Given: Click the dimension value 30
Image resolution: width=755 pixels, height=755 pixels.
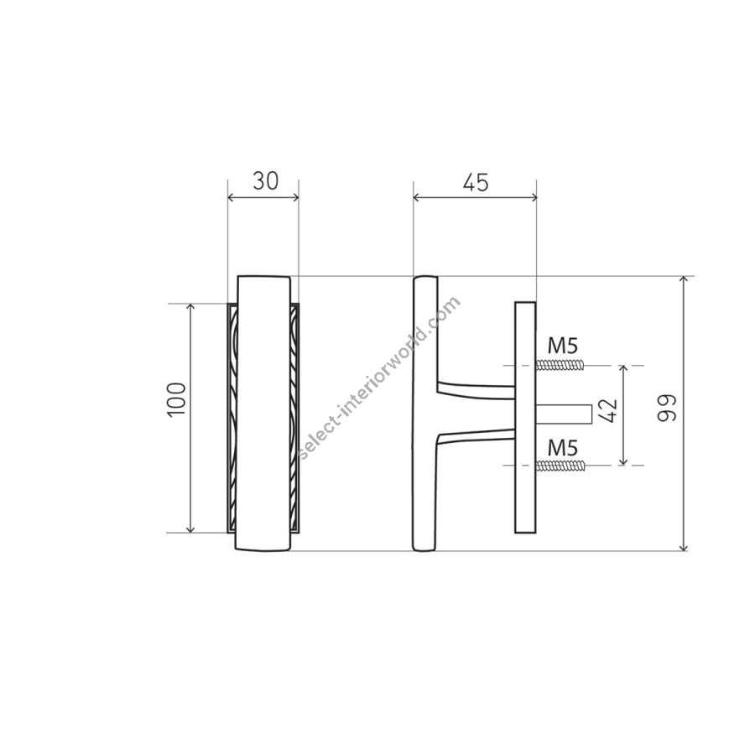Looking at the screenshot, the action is click(x=265, y=181).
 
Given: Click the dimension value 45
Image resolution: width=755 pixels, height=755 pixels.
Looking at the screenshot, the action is click(x=476, y=182).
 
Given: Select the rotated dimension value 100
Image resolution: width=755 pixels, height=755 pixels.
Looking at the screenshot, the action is click(x=176, y=399).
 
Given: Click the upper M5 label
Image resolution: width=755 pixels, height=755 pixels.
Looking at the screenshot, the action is click(x=562, y=346).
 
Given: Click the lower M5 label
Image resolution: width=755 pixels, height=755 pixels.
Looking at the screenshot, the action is click(x=562, y=448).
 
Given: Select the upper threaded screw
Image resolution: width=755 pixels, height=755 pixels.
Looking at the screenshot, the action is click(x=560, y=366).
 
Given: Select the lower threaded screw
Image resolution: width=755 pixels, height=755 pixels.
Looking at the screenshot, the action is click(x=560, y=465).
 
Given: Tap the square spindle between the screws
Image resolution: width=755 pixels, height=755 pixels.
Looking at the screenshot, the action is click(x=564, y=414).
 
